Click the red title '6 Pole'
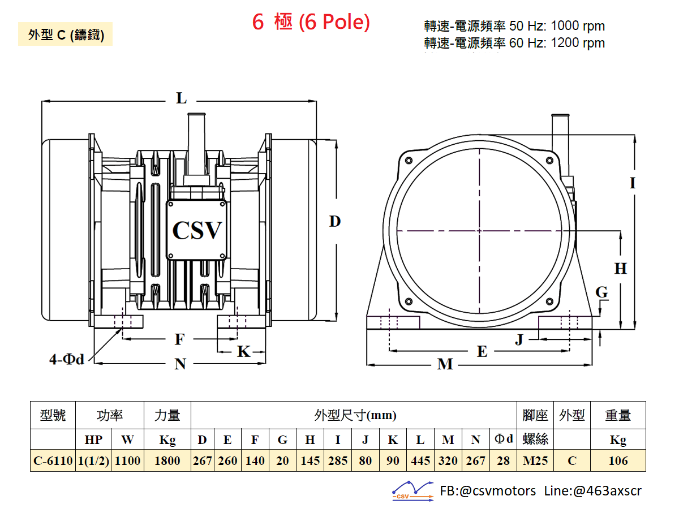(x=334, y=22)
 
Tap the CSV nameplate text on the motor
(x=197, y=231)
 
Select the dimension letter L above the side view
(x=181, y=98)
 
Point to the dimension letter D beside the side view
(x=335, y=221)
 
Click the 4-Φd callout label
(x=67, y=359)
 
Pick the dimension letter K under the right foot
(x=244, y=351)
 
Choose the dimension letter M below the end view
(x=445, y=364)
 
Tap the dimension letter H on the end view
(x=621, y=268)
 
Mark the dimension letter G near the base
(x=601, y=292)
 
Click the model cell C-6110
(x=53, y=461)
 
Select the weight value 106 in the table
(x=618, y=461)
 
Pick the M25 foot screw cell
(x=535, y=461)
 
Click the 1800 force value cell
(x=167, y=461)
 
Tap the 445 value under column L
(x=420, y=461)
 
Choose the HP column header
(x=93, y=439)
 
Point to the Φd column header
(x=504, y=438)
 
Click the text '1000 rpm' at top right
(x=578, y=26)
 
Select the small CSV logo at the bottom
(x=412, y=491)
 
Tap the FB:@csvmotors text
(x=488, y=491)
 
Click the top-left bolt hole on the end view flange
(x=409, y=161)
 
